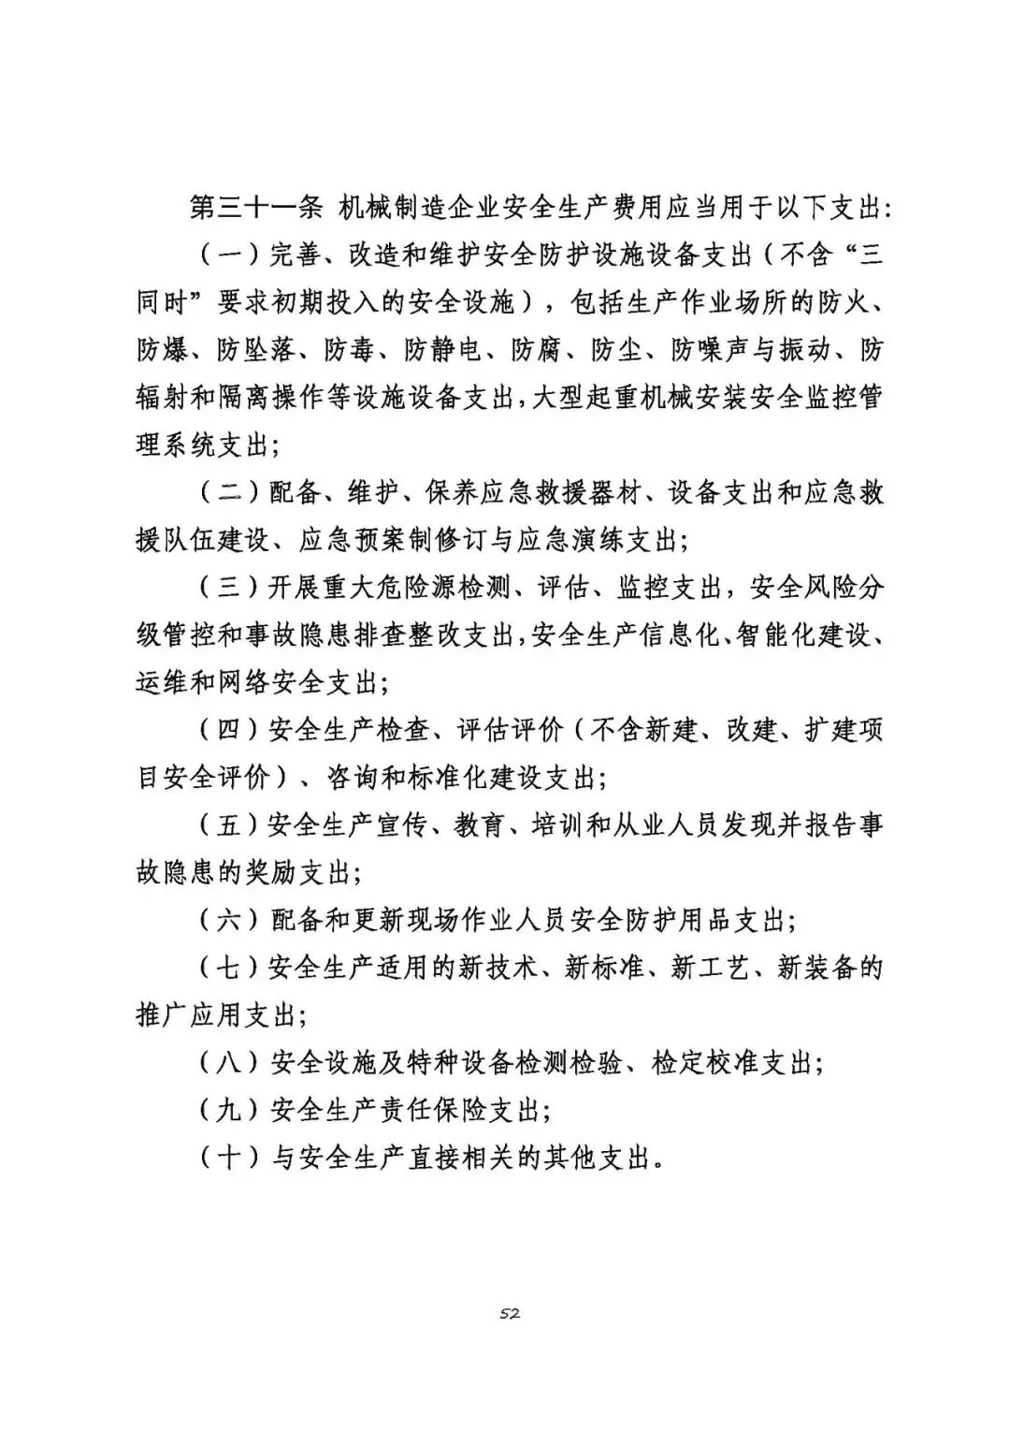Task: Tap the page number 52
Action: [x=510, y=1313]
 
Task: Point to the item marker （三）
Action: [x=229, y=588]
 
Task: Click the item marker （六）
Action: [x=229, y=920]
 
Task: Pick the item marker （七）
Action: [x=229, y=968]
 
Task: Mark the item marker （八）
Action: [x=229, y=1063]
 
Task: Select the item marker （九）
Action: [x=229, y=1111]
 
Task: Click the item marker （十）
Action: [x=229, y=1159]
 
